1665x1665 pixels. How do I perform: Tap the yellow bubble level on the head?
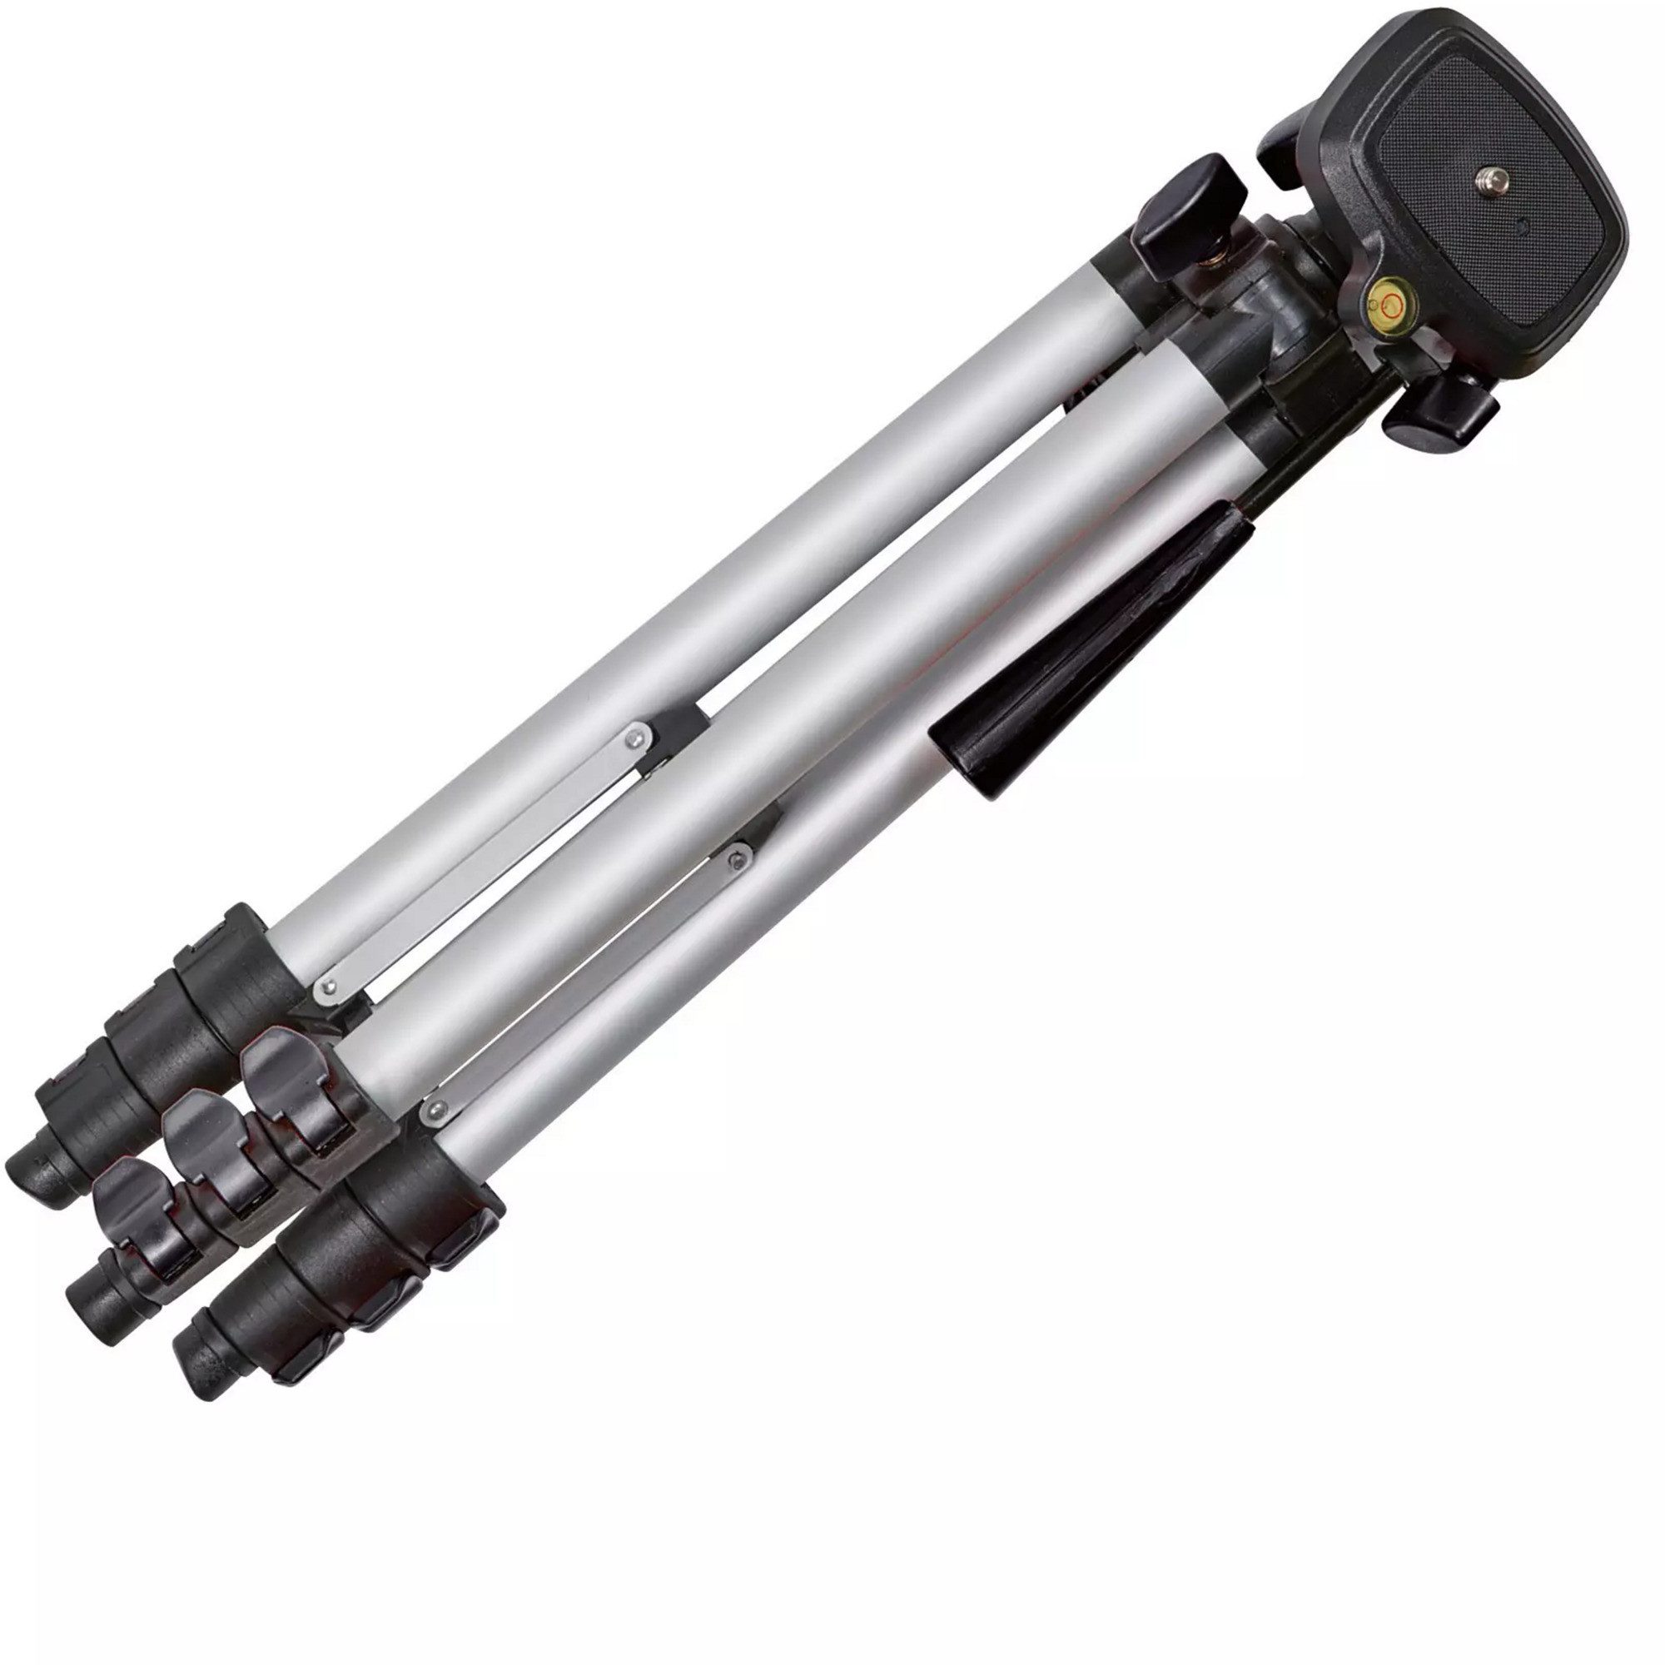pyautogui.click(x=1389, y=302)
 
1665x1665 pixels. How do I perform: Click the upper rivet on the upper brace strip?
pyautogui.click(x=637, y=736)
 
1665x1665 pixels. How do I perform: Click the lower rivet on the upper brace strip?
pyautogui.click(x=326, y=986)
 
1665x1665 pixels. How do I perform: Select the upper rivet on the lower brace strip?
pyautogui.click(x=735, y=858)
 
